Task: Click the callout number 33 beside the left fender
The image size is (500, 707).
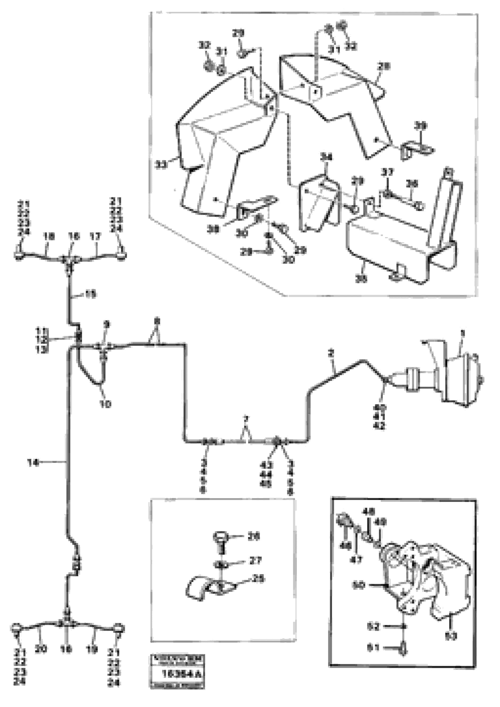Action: (160, 165)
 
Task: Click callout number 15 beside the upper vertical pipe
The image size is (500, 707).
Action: (90, 295)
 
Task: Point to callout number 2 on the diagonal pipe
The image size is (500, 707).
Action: (331, 354)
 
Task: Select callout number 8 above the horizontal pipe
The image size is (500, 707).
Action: (157, 322)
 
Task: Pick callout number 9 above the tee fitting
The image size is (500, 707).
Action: (107, 324)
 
